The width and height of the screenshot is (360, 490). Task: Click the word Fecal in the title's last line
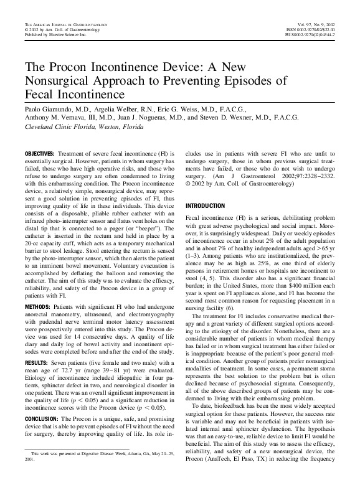point(42,96)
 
